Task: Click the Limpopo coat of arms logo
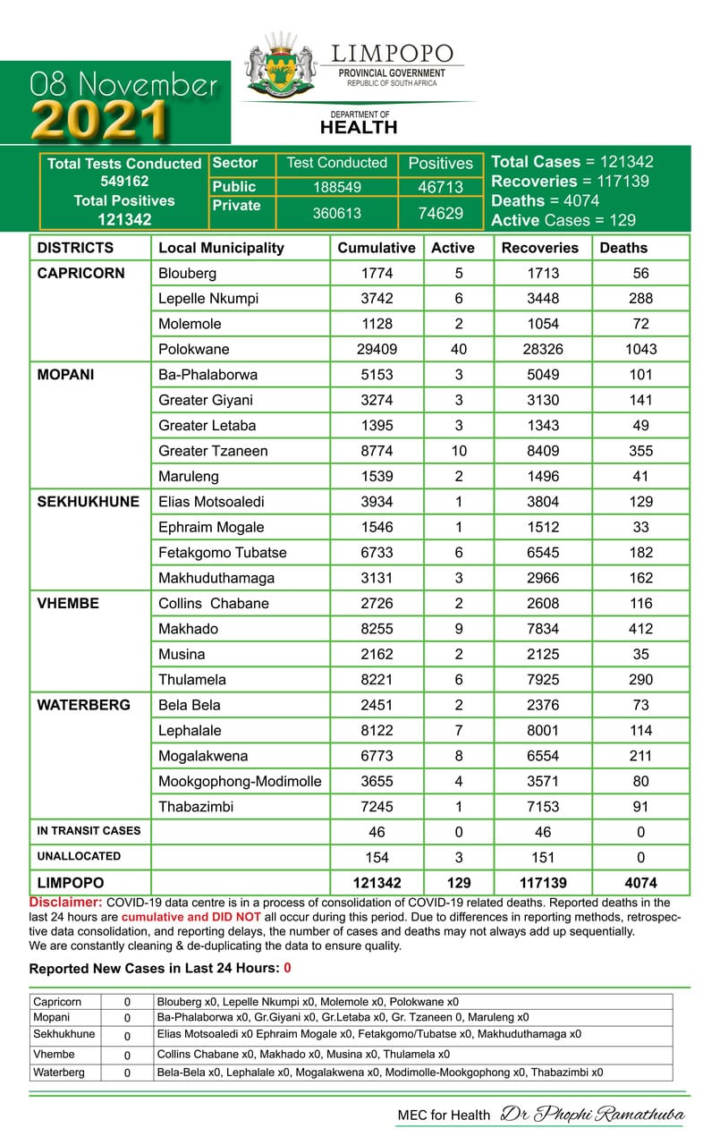tap(281, 64)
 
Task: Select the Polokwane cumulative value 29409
tap(377, 349)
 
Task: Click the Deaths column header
tap(623, 248)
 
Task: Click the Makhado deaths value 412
tap(640, 629)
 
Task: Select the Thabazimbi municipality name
tap(196, 807)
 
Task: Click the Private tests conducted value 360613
tap(337, 214)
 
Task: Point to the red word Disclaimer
tap(65, 903)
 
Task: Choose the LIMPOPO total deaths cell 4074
tap(640, 882)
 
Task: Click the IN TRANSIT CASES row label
tap(89, 831)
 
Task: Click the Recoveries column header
tap(539, 248)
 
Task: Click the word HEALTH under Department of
tap(359, 128)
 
